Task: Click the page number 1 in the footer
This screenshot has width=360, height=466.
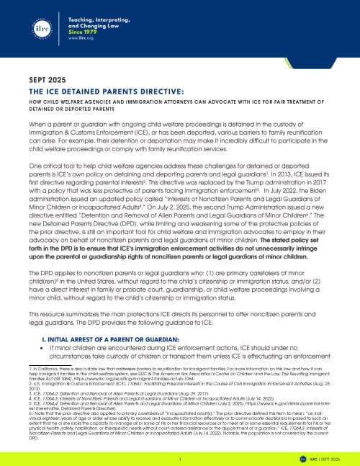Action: click(x=179, y=457)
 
